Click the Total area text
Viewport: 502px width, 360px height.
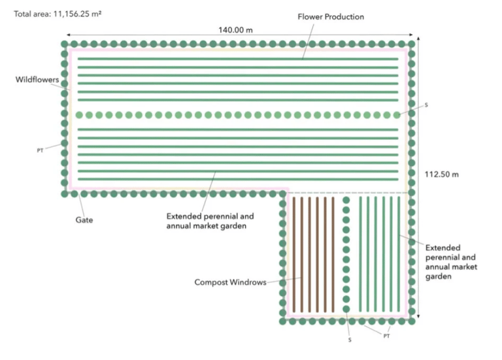[x=58, y=14]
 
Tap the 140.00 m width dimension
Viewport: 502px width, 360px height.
[x=235, y=30]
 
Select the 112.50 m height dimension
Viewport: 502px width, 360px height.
[x=441, y=174]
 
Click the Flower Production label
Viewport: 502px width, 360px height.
[x=331, y=16]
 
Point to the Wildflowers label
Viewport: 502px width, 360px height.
[x=37, y=80]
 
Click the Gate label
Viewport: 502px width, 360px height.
[x=84, y=220]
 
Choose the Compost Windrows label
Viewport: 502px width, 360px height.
[x=230, y=282]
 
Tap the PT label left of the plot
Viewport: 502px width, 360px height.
[x=40, y=150]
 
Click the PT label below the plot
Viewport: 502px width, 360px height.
[x=387, y=336]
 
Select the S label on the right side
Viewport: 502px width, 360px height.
[x=426, y=105]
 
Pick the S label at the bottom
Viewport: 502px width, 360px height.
[x=350, y=340]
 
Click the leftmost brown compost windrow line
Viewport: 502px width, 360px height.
[x=294, y=254]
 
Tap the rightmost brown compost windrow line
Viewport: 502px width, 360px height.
[x=333, y=254]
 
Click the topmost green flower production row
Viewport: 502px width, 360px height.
[x=238, y=59]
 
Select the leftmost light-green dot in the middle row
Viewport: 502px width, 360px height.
[x=79, y=115]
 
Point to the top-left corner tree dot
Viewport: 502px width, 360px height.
[x=64, y=44]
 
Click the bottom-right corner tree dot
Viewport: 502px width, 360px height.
[x=412, y=321]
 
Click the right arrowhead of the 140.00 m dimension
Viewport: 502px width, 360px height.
[x=411, y=35]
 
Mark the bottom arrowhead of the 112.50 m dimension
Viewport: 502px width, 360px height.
[x=418, y=316]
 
